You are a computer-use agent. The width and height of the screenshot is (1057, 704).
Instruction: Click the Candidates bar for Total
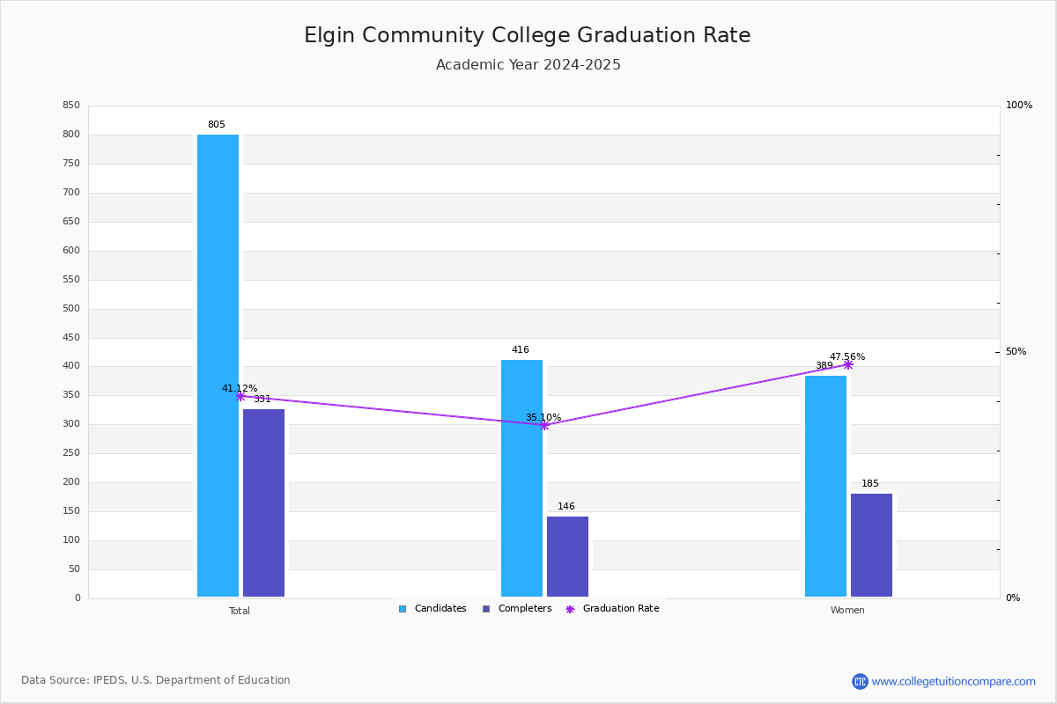[218, 365]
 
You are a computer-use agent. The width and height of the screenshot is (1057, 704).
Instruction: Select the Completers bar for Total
[263, 502]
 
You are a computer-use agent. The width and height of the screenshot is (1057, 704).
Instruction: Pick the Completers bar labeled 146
[567, 556]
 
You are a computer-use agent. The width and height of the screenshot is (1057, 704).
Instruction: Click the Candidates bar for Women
[825, 486]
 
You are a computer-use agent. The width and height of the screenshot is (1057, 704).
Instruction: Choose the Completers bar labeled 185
[871, 545]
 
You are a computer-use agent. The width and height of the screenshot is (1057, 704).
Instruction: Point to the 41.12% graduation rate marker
[240, 396]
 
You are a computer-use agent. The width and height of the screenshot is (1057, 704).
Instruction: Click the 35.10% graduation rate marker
[544, 425]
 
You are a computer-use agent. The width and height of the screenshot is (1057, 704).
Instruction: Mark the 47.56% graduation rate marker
[848, 364]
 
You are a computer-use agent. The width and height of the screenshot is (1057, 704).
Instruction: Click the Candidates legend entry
[432, 609]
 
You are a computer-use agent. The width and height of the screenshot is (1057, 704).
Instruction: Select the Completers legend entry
[517, 609]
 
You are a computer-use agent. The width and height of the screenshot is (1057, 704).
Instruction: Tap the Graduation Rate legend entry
[612, 609]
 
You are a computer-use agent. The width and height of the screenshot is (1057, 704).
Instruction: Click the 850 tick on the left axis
[71, 106]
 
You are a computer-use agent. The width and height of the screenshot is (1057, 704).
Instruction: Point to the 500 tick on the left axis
[71, 309]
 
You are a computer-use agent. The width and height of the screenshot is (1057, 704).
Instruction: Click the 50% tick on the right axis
[1016, 352]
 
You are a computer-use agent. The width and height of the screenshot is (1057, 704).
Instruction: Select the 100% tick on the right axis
[1018, 106]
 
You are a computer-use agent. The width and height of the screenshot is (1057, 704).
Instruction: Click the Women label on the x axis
[847, 611]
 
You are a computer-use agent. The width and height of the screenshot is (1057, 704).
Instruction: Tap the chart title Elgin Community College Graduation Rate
[527, 35]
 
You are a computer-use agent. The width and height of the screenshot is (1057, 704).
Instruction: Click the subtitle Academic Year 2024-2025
[528, 65]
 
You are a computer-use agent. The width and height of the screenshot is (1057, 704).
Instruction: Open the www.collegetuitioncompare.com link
[953, 681]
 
